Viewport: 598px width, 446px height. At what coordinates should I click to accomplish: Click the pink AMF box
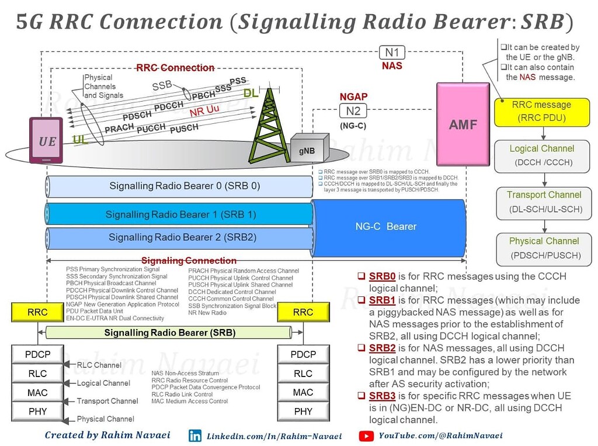pyautogui.click(x=463, y=124)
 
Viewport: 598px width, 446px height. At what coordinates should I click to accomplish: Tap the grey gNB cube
pyautogui.click(x=308, y=148)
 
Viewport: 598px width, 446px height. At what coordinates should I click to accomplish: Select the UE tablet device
pyautogui.click(x=47, y=141)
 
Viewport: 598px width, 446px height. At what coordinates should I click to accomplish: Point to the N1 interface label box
pyautogui.click(x=392, y=53)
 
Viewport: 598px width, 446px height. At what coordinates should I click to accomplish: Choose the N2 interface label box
pyautogui.click(x=353, y=110)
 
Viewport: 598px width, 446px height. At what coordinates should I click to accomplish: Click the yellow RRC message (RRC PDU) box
pyautogui.click(x=541, y=112)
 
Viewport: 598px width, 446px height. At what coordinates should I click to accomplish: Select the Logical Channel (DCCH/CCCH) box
pyautogui.click(x=541, y=155)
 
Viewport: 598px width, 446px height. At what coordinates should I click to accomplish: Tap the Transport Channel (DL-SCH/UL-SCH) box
pyautogui.click(x=544, y=202)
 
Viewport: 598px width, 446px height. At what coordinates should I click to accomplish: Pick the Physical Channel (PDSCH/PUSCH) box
pyautogui.click(x=544, y=248)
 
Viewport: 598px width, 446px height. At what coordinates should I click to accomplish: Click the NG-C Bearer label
pyautogui.click(x=386, y=226)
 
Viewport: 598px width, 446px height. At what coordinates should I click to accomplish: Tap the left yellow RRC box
pyautogui.click(x=37, y=313)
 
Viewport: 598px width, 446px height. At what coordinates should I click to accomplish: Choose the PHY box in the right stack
pyautogui.click(x=303, y=412)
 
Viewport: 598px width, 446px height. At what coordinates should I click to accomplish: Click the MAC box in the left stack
pyautogui.click(x=37, y=392)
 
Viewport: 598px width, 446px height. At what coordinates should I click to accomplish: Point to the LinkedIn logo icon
pyautogui.click(x=194, y=435)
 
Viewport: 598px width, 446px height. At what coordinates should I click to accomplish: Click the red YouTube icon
pyautogui.click(x=366, y=435)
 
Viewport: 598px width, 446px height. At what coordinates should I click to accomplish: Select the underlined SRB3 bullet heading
pyautogui.click(x=382, y=396)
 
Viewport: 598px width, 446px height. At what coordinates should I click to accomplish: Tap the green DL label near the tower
pyautogui.click(x=251, y=93)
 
